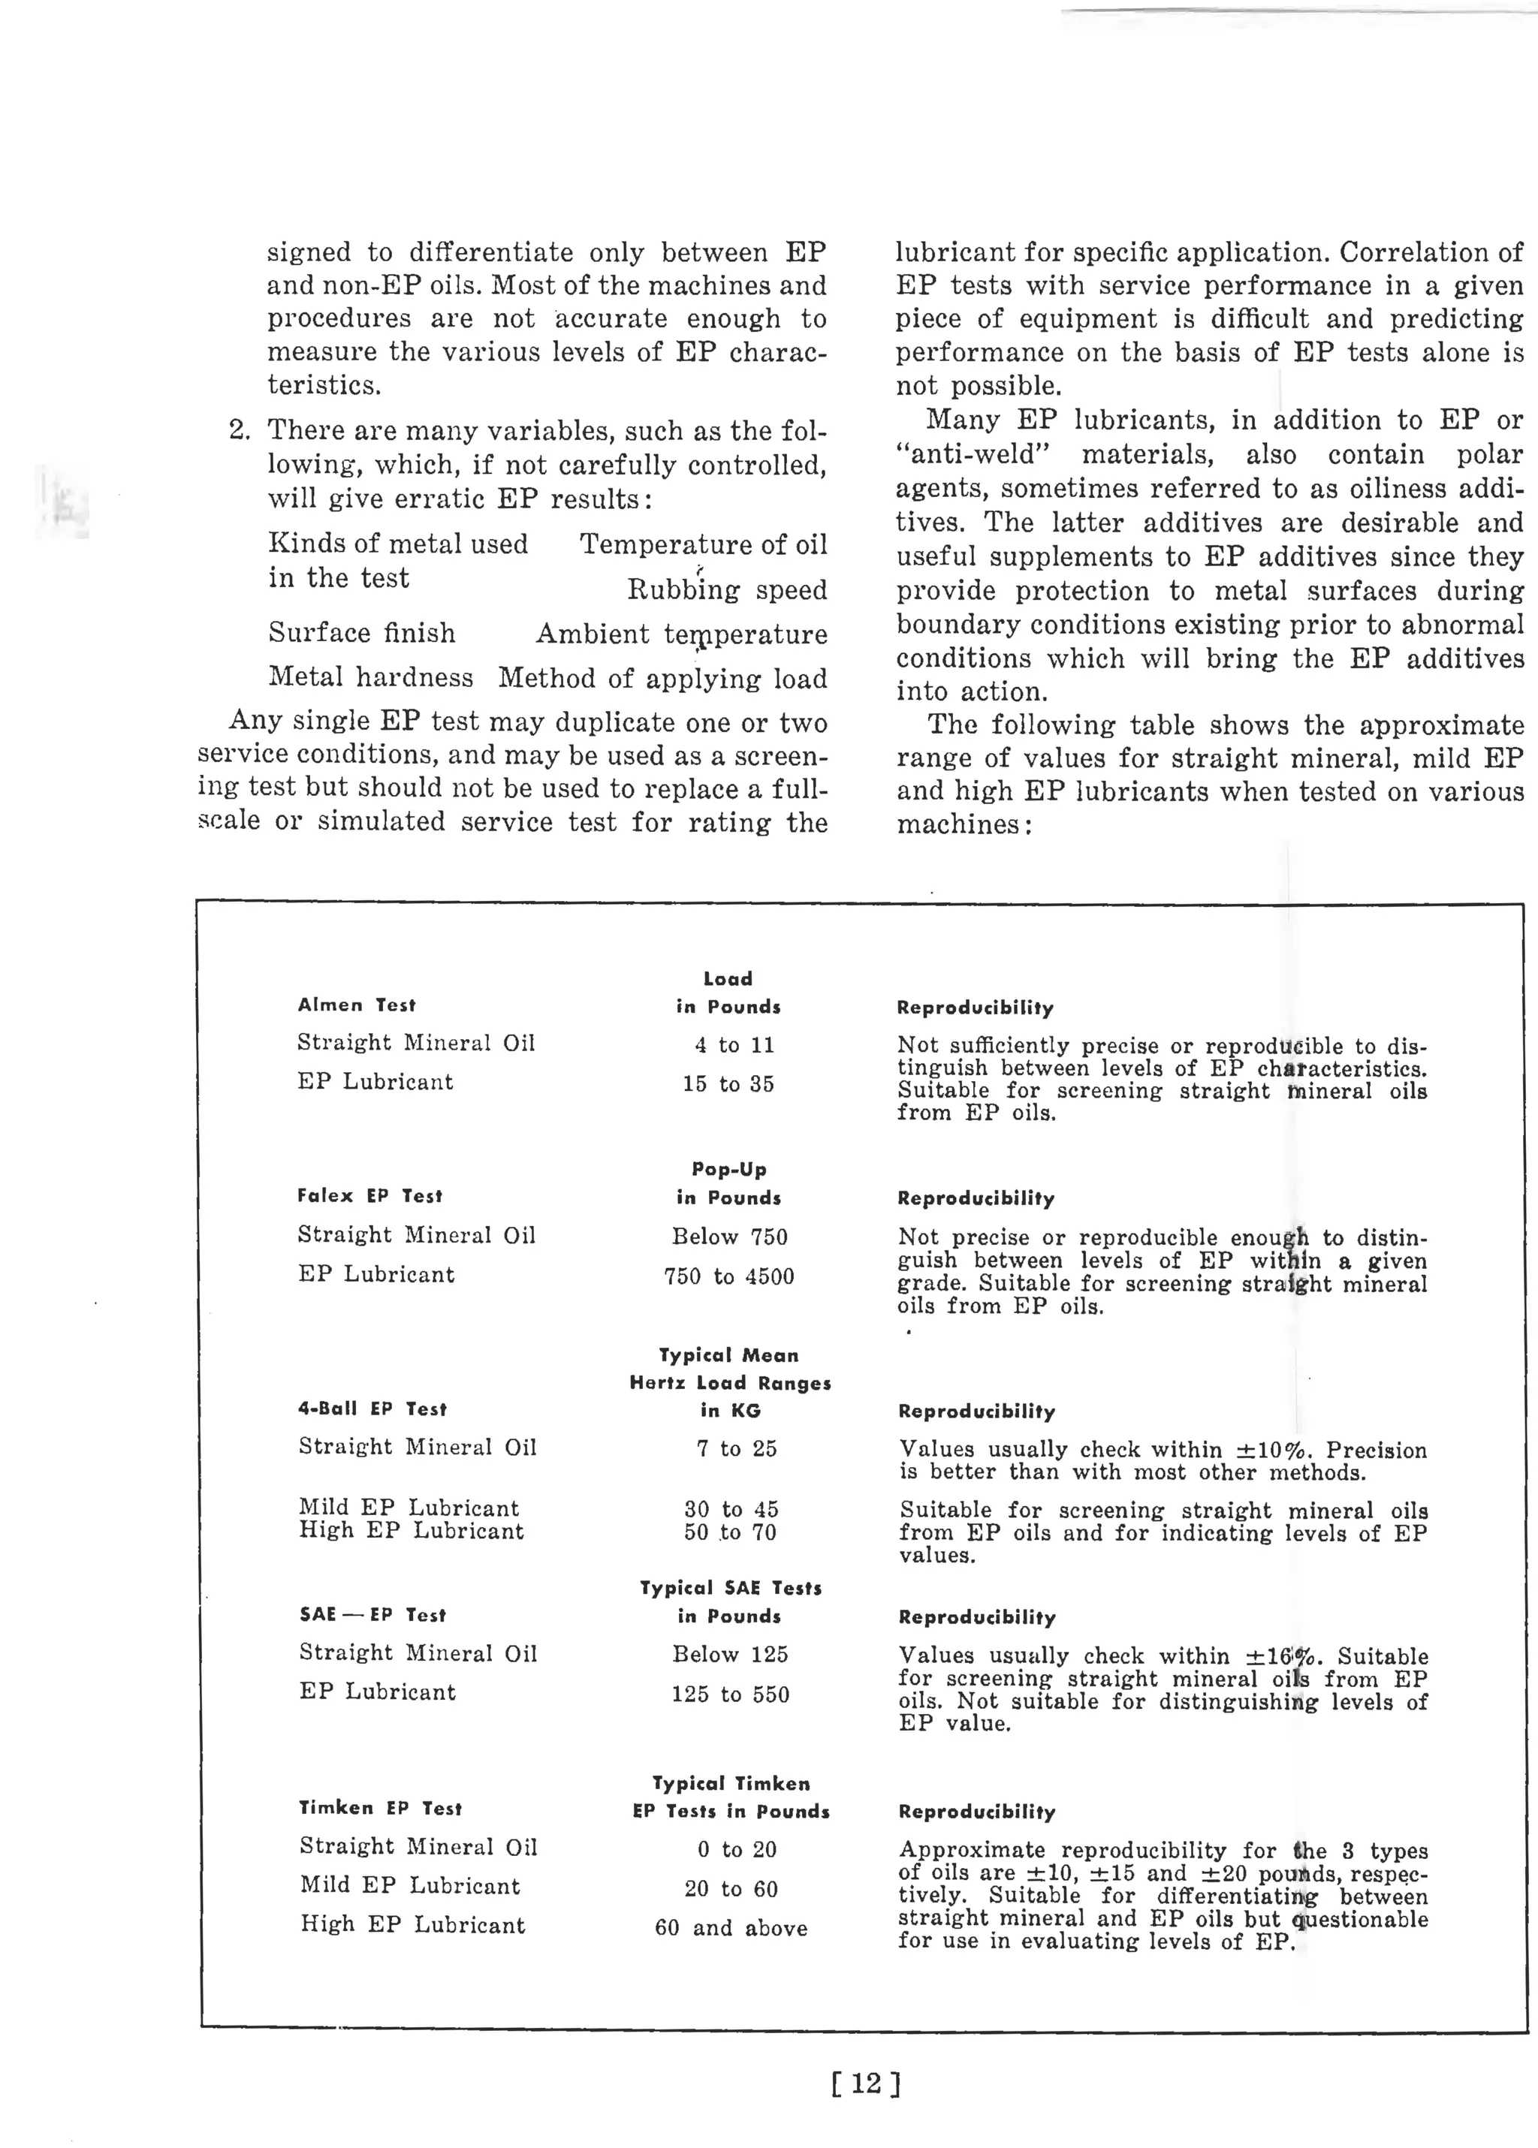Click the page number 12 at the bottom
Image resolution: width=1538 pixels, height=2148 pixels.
866,2083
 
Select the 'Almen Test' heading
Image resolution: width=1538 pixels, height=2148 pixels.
356,1005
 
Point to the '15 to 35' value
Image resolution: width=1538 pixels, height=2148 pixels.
728,1084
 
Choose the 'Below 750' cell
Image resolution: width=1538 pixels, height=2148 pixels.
729,1237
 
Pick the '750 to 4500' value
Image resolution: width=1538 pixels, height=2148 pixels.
728,1276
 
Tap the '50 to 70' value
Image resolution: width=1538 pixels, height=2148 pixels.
729,1532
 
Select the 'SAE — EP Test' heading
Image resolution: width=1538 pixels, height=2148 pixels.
372,1615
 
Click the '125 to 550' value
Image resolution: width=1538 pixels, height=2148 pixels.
729,1695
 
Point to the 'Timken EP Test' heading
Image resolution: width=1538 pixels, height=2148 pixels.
380,1808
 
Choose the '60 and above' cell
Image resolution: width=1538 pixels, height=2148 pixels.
730,1928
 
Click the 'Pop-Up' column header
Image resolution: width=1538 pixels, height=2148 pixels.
728,1169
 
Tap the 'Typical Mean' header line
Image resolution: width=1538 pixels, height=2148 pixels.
728,1356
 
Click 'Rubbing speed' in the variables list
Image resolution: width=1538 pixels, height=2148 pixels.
726,590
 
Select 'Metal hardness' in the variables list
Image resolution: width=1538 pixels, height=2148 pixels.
370,677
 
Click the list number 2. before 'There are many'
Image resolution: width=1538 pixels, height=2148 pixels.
239,431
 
